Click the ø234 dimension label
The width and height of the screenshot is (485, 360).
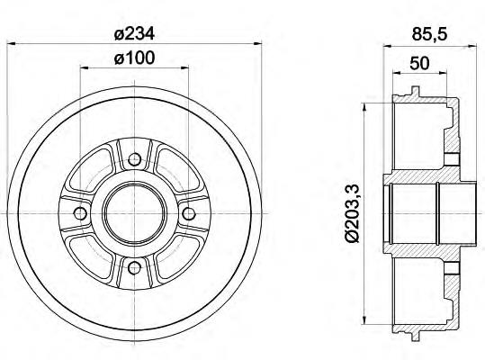134,33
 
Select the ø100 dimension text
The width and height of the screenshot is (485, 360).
134,58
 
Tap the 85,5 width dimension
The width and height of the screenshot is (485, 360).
429,34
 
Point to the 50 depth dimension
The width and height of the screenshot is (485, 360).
419,63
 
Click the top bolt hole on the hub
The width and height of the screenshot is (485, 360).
134,159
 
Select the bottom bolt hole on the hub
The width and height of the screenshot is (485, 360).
134,267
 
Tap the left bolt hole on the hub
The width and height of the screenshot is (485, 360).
80,213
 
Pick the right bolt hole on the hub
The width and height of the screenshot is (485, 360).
188,213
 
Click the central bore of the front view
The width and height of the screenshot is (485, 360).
134,213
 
